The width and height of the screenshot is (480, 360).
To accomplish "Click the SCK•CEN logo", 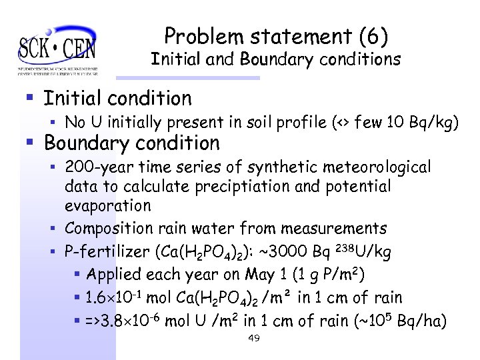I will [57, 48].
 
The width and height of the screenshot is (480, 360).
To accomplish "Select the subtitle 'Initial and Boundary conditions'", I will [275, 59].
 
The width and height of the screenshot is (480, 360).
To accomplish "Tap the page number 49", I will [253, 339].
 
